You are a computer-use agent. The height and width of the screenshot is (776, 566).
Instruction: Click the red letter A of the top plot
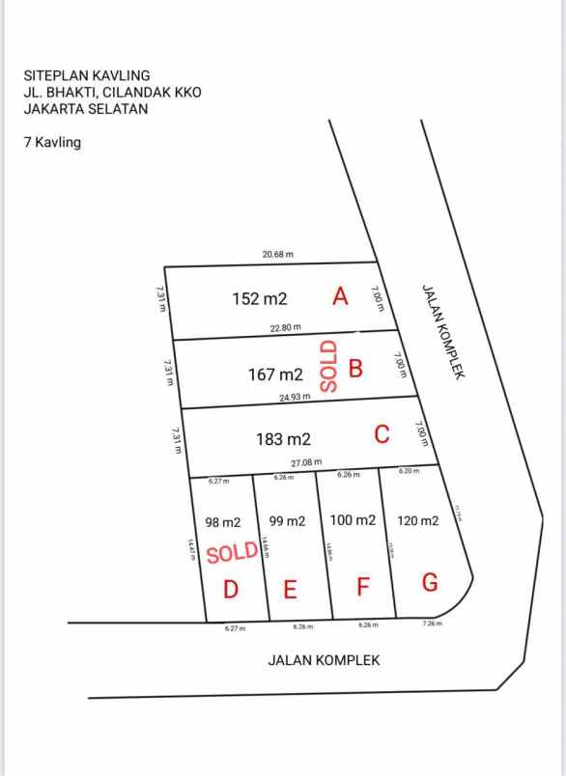pyautogui.click(x=340, y=296)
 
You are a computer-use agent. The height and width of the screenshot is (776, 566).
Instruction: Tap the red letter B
pyautogui.click(x=355, y=369)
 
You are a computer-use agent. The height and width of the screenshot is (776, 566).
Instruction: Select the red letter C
pyautogui.click(x=382, y=435)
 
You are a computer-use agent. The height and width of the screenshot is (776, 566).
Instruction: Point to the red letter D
pyautogui.click(x=231, y=588)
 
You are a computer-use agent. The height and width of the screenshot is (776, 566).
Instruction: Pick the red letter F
pyautogui.click(x=363, y=587)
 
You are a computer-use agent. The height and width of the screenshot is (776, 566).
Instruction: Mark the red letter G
pyautogui.click(x=430, y=583)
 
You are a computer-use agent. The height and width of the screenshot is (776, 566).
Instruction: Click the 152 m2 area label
pyautogui.click(x=260, y=299)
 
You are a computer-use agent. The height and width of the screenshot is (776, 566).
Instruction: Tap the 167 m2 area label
pyautogui.click(x=275, y=374)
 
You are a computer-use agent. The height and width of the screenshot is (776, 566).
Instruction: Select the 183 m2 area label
pyautogui.click(x=283, y=439)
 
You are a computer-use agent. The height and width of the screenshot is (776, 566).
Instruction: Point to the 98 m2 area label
pyautogui.click(x=223, y=522)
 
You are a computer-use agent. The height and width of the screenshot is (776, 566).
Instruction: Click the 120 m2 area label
pyautogui.click(x=418, y=521)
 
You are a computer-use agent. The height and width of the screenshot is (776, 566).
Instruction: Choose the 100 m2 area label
pyautogui.click(x=353, y=520)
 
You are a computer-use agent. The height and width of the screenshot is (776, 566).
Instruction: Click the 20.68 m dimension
pyautogui.click(x=277, y=255)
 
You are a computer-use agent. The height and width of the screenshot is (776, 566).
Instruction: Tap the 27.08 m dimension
pyautogui.click(x=306, y=462)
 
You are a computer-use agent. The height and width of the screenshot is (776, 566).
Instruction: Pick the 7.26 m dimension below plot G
pyautogui.click(x=432, y=624)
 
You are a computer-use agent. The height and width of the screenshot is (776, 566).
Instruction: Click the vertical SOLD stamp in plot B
pyautogui.click(x=328, y=365)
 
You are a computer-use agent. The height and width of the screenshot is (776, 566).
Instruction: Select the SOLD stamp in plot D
pyautogui.click(x=232, y=553)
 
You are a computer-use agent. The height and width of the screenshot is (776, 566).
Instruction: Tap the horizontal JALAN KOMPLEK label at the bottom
pyautogui.click(x=324, y=660)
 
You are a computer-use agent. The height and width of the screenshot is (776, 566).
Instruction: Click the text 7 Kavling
pyautogui.click(x=52, y=142)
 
